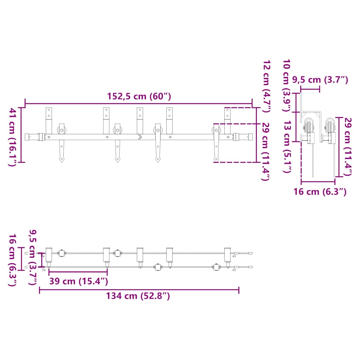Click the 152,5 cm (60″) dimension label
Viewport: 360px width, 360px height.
[x=139, y=96]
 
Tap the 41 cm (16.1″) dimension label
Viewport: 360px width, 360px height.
[x=13, y=137]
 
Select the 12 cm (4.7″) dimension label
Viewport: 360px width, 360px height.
[x=266, y=86]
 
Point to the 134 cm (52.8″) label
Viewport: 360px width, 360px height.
[x=138, y=296]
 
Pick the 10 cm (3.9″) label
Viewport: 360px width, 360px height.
[x=287, y=85]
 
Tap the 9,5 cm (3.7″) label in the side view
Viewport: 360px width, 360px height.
[x=320, y=80]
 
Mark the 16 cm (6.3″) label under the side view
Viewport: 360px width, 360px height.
[x=320, y=192]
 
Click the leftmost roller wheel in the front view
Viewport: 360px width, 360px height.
[x=62, y=130]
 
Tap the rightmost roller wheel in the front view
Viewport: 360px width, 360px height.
[x=216, y=130]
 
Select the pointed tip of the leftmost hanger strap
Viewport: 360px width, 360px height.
[x=62, y=160]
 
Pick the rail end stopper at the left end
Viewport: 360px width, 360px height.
[x=41, y=137]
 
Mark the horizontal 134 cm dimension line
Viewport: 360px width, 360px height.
[x=139, y=290]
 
